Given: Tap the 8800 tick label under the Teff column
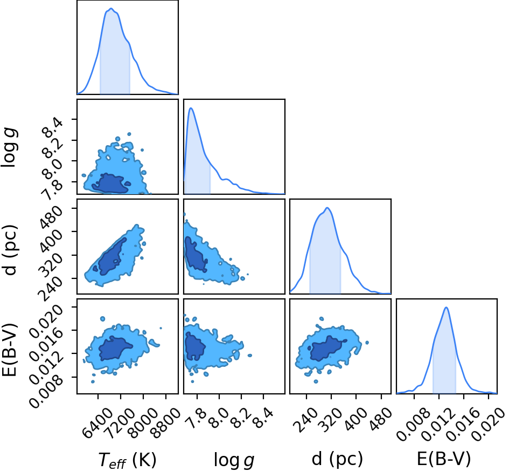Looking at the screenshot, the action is pos(165,423).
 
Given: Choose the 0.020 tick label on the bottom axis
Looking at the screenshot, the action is pos(488,424).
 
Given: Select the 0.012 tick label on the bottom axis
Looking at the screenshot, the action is pos(439,424).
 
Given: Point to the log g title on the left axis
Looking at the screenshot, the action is pos(9,148).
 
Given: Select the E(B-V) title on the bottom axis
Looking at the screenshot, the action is pos(443,459).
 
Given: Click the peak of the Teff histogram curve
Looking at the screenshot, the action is pos(111,9).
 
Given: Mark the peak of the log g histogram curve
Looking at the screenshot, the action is pos(191,108).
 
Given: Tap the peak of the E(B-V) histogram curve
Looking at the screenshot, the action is pos(446,308).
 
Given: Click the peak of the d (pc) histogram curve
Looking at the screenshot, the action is pos(327,208).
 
